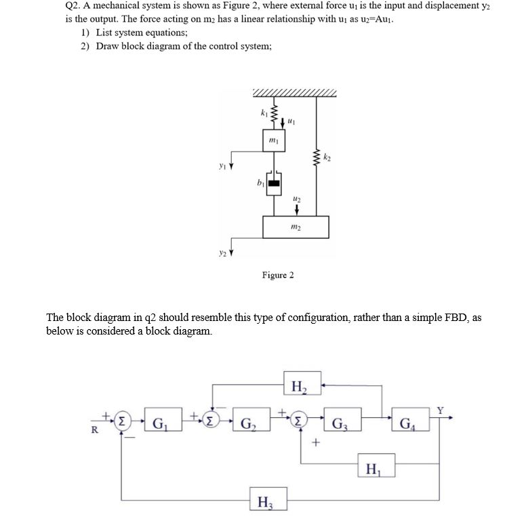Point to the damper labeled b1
[273, 182]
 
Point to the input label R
[96, 432]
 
